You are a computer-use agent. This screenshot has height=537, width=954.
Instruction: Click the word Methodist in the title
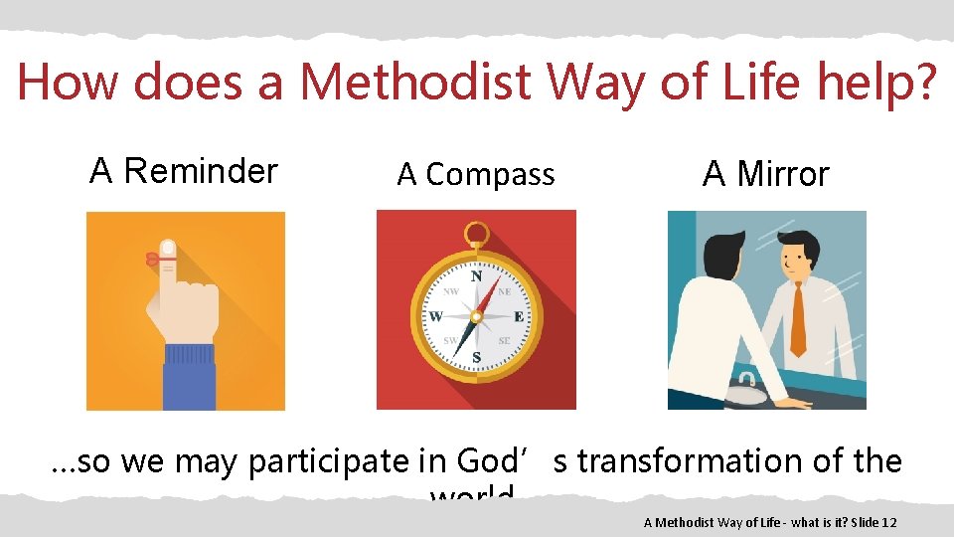point(415,82)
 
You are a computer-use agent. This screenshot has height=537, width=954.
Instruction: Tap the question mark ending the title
point(923,82)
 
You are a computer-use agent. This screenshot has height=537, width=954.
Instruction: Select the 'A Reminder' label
point(184,171)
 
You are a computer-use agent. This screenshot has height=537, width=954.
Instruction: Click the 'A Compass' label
point(476,175)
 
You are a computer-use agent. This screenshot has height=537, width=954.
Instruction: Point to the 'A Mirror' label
point(765,174)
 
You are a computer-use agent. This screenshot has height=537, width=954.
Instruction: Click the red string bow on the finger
point(153,259)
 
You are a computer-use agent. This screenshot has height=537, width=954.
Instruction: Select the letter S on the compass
point(476,356)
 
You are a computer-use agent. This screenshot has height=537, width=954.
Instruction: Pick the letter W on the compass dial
point(435,317)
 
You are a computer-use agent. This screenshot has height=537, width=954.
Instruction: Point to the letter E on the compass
point(518,316)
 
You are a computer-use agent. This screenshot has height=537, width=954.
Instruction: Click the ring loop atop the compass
point(476,234)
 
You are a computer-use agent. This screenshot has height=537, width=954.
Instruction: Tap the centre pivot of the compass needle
point(476,316)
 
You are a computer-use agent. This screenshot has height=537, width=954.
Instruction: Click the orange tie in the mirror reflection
point(797,318)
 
